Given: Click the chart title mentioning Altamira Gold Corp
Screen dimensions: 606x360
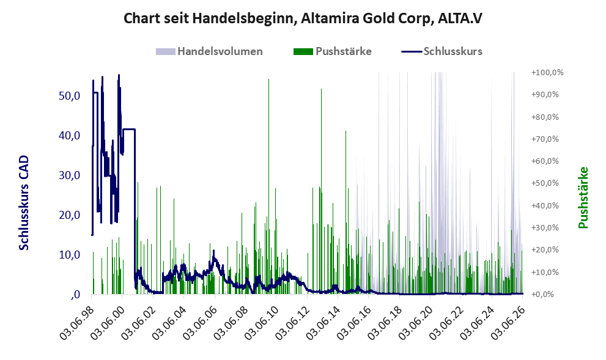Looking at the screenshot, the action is tap(303, 18).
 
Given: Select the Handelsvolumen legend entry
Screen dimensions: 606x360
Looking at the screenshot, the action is tap(209, 51).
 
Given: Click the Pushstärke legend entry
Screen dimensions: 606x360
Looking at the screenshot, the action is tap(333, 51).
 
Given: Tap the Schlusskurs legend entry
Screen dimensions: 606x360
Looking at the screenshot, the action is tap(442, 51).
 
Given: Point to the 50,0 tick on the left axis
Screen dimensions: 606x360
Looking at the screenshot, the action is tap(70, 95).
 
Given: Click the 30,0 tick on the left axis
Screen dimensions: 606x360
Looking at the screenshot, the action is tap(70, 175).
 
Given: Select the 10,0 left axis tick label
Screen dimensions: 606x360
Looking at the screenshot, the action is tap(70, 254).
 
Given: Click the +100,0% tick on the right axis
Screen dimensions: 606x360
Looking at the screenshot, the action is tap(547, 73).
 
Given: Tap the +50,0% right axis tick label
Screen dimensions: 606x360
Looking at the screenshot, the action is tap(545, 183).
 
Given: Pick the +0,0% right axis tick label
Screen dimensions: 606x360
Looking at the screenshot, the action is tap(542, 295).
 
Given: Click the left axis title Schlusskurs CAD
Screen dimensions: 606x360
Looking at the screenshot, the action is tap(24, 202).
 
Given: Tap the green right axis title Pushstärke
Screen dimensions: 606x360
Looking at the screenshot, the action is tap(583, 197).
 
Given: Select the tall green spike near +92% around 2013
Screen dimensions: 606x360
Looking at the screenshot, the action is tap(321, 191).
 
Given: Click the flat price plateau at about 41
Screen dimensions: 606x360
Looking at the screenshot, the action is tap(128, 129).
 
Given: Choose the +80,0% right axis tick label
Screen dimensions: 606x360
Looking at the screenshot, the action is tap(545, 117).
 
